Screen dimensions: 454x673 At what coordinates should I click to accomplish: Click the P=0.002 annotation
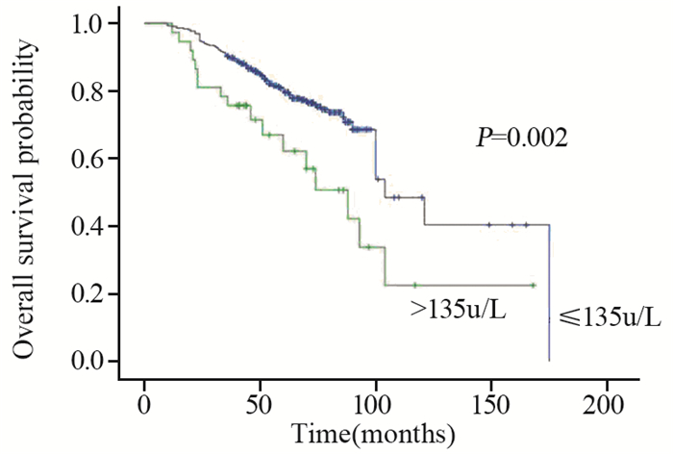(x=522, y=139)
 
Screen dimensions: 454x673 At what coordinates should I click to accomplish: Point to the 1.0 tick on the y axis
(x=89, y=23)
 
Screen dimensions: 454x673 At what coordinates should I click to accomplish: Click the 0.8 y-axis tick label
(x=89, y=90)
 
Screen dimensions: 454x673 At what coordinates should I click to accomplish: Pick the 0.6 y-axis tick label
(x=89, y=159)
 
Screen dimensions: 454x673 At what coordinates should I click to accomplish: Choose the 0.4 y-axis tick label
(x=89, y=226)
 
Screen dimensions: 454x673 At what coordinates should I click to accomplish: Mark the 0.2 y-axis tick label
(x=89, y=293)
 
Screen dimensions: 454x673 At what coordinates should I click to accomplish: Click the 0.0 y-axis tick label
(x=89, y=362)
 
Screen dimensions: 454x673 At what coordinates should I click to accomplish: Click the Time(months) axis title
(x=373, y=433)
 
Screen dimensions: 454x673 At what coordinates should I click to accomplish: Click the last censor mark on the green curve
(x=533, y=286)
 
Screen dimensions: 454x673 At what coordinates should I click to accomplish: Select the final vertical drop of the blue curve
(x=549, y=293)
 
